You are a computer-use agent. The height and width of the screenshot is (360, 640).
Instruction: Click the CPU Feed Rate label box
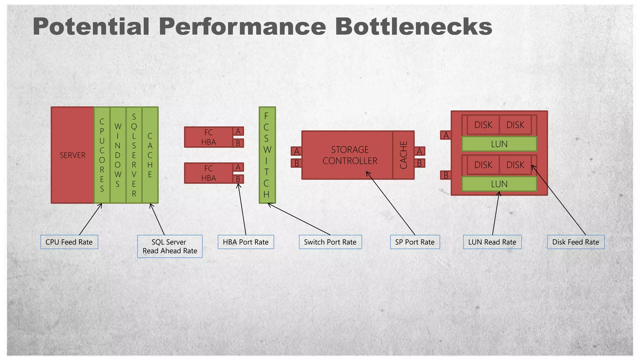[69, 242]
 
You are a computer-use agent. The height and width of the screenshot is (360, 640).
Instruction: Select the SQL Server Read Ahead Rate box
[170, 246]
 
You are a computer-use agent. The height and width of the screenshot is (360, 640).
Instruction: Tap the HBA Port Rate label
[246, 242]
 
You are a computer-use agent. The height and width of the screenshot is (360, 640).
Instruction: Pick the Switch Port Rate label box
[330, 242]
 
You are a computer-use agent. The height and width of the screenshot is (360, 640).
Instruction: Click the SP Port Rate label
[415, 242]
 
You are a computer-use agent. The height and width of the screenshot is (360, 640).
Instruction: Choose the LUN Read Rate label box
[492, 242]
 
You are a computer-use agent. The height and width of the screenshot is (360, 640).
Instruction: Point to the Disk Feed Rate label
[575, 242]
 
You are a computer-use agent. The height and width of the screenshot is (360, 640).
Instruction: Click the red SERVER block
[72, 155]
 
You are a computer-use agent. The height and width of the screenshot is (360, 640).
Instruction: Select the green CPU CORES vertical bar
[102, 155]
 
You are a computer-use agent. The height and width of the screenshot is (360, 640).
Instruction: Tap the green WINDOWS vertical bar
[118, 155]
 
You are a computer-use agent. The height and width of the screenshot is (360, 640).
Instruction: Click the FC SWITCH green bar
[267, 155]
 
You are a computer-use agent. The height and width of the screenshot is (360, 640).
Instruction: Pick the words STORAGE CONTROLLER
[350, 155]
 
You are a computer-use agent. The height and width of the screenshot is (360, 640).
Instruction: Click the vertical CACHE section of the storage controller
[403, 155]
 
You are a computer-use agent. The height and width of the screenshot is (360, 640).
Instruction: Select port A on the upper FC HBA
[238, 131]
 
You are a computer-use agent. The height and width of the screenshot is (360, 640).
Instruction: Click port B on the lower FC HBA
[238, 179]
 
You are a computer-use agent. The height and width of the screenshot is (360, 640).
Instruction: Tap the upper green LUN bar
[499, 144]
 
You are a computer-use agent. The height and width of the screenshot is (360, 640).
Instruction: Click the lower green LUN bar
[499, 184]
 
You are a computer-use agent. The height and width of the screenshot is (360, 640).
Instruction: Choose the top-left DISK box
[483, 125]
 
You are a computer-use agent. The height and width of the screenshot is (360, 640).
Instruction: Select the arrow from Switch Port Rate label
[299, 219]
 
